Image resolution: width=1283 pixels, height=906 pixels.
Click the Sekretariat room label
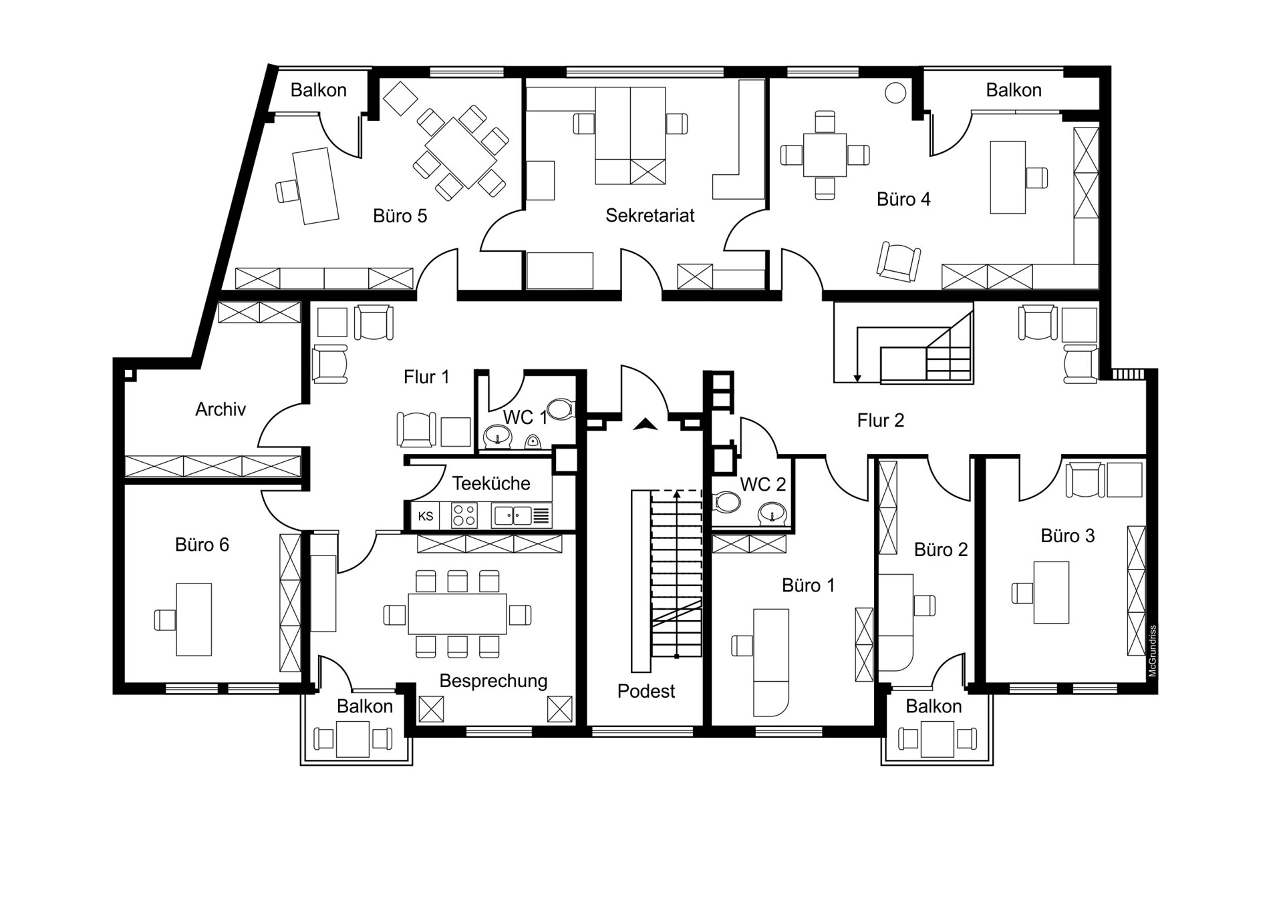(x=650, y=216)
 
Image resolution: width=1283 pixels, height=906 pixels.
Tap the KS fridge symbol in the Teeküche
(x=426, y=516)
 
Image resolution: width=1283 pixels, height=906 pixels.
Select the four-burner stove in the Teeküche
(x=464, y=516)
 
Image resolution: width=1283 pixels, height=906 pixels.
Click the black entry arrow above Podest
(x=646, y=424)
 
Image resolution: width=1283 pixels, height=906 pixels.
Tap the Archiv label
(x=221, y=409)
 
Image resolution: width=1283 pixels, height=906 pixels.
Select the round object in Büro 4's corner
(x=895, y=93)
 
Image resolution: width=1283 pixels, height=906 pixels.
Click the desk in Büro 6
(x=194, y=620)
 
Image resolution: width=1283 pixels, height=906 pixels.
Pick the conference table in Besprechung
(x=457, y=614)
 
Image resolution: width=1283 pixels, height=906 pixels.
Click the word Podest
(x=646, y=691)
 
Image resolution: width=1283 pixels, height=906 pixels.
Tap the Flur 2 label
(x=881, y=421)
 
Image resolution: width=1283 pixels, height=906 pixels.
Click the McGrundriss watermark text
(x=1153, y=651)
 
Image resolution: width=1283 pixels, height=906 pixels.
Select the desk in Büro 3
(x=1051, y=593)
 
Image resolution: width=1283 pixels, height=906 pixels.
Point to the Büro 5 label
(x=400, y=216)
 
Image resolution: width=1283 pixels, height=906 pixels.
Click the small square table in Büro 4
(x=825, y=155)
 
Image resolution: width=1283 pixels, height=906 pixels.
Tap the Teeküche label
(x=491, y=483)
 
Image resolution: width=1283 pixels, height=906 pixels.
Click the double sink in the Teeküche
(x=513, y=515)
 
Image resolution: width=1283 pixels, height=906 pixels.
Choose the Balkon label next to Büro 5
(x=319, y=90)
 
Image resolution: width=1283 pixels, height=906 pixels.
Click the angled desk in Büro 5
(x=315, y=186)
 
